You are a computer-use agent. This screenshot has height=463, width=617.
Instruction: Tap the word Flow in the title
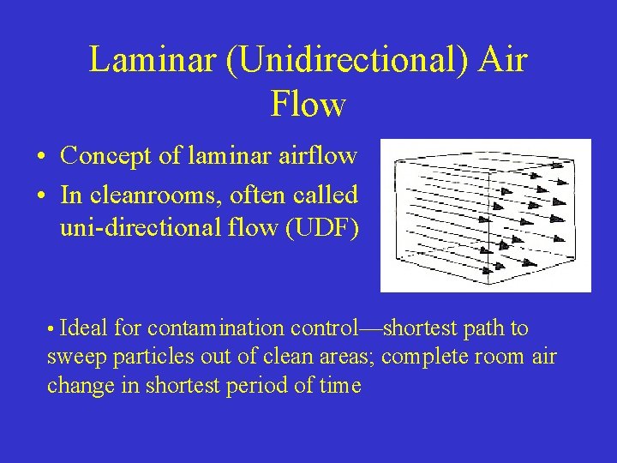pos(308,105)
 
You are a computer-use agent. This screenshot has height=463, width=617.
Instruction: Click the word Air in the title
pos(504,61)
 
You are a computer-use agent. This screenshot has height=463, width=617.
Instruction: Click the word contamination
pos(217,328)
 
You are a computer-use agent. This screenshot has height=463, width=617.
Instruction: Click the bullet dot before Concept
pos(42,158)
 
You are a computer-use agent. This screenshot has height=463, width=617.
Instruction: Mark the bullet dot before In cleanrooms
pos(42,197)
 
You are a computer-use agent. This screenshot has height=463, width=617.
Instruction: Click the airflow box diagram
pos(486,215)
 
